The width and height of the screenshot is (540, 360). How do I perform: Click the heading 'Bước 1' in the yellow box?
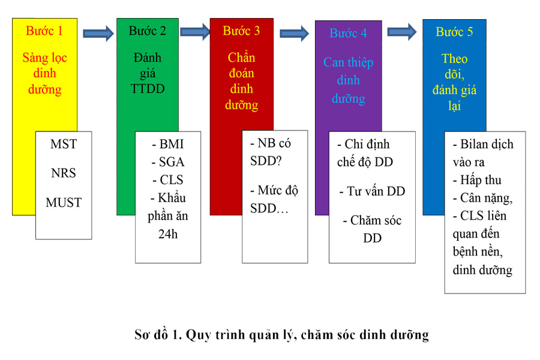click(44, 31)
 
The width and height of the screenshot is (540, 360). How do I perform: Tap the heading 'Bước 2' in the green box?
click(148, 31)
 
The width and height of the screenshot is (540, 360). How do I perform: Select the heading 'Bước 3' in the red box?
click(241, 31)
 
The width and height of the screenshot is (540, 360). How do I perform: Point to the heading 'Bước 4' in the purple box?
click(348, 34)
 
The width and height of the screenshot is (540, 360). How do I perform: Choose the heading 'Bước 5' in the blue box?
click(454, 32)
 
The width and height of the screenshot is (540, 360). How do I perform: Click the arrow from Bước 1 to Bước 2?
click(98, 32)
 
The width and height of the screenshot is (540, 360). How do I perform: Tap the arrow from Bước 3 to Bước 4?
click(294, 34)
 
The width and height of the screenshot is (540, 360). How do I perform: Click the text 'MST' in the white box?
click(64, 145)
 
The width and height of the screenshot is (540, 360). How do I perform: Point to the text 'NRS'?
click(64, 173)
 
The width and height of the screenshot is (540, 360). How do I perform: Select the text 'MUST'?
click(64, 203)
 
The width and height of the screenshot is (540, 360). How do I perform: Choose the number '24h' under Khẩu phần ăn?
click(168, 234)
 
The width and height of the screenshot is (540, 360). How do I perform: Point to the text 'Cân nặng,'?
click(481, 198)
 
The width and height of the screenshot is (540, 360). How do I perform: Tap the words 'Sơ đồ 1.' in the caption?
click(158, 335)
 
